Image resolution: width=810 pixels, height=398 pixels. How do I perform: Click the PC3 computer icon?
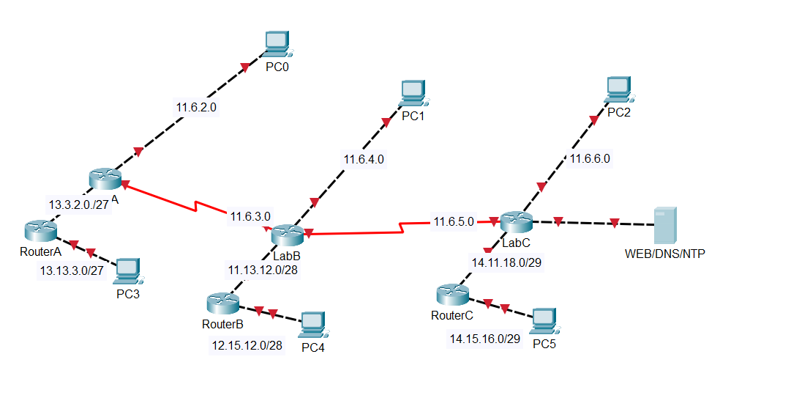[128, 271]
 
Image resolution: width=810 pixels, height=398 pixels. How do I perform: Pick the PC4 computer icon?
[312, 324]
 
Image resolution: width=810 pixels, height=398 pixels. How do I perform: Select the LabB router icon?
[286, 235]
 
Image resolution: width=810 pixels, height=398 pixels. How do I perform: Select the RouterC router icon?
[451, 295]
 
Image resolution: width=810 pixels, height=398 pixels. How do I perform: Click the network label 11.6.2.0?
[196, 107]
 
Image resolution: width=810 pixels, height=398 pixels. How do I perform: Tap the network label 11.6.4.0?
[364, 158]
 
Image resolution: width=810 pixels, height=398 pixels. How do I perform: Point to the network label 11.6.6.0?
[590, 158]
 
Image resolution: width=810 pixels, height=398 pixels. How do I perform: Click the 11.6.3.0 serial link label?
[250, 216]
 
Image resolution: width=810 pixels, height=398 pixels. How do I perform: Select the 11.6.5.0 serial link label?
[454, 221]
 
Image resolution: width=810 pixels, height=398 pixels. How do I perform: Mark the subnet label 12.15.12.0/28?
[247, 344]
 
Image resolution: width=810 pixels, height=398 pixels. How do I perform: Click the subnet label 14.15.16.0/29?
[484, 339]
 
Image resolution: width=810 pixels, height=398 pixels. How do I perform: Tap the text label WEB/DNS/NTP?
[665, 254]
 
